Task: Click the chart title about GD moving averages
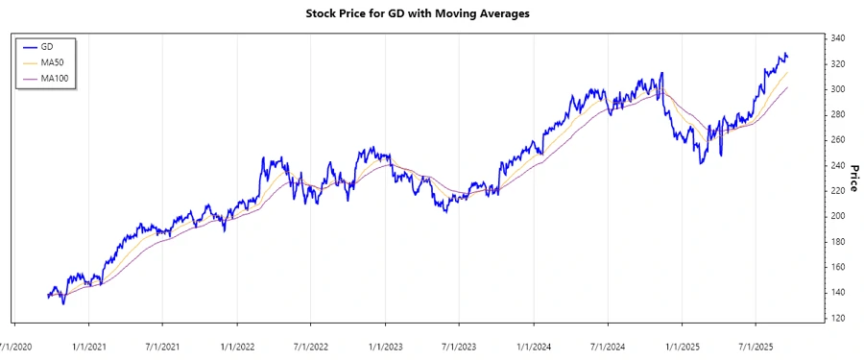431,14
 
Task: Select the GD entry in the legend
47,46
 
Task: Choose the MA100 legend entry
54,78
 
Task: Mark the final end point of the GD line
788,56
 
